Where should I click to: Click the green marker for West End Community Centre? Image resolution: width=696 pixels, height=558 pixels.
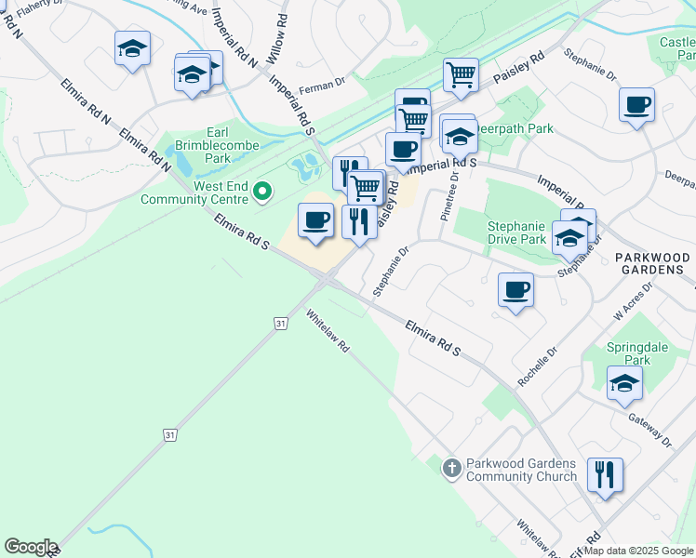point(262,193)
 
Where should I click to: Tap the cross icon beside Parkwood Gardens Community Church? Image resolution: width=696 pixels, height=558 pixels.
point(451,469)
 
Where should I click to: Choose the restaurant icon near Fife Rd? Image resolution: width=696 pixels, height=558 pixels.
point(606,475)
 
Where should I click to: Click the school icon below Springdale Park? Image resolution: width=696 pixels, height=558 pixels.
point(624,382)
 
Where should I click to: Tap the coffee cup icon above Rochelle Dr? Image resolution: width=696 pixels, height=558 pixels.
point(515,290)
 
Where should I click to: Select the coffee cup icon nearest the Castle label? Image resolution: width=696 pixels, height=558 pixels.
point(636,105)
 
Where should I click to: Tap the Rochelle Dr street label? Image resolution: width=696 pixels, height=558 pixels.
point(537,366)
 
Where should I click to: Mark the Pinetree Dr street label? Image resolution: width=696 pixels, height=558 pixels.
point(450,195)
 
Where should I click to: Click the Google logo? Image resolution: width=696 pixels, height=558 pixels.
point(31,547)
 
